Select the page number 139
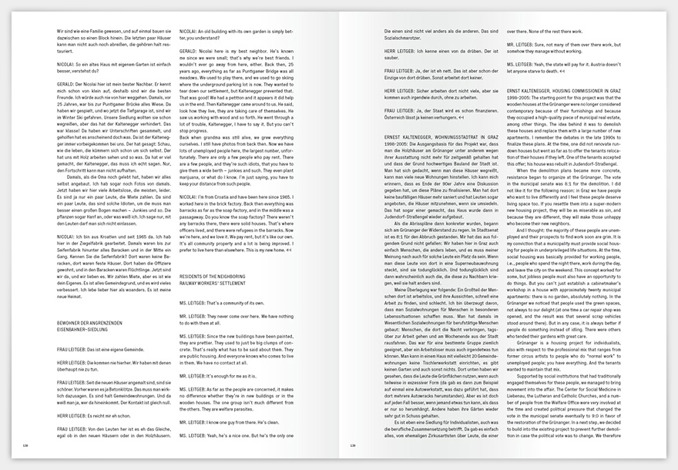click(x=353, y=445)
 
